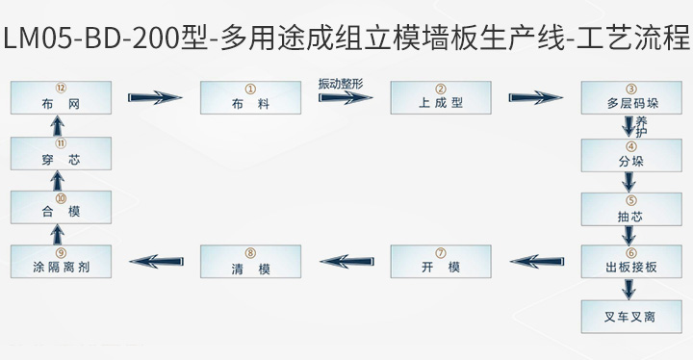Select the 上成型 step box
pyautogui.click(x=440, y=98)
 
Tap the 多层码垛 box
pyautogui.click(x=630, y=98)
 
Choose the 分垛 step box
pyautogui.click(x=630, y=155)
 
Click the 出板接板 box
pyautogui.click(x=630, y=261)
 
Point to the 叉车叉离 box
pyautogui.click(x=630, y=316)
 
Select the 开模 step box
pyautogui.click(x=440, y=261)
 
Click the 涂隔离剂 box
pyautogui.click(x=61, y=261)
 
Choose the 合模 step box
pyautogui.click(x=61, y=208)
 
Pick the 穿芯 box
pyautogui.click(x=61, y=153)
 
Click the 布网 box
pyautogui.click(x=61, y=98)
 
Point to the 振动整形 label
pyautogui.click(x=341, y=83)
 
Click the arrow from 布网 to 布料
pyautogui.click(x=155, y=97)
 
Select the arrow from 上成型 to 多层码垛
pyautogui.click(x=535, y=97)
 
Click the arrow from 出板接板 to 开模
pyautogui.click(x=535, y=258)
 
